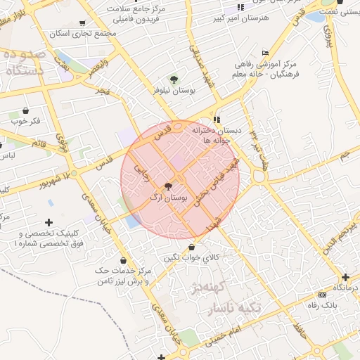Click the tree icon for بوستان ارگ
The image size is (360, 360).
(167, 187)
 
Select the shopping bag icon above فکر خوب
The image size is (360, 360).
(26, 110)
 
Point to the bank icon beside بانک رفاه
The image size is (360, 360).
(322, 295)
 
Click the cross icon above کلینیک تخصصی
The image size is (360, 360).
(49, 222)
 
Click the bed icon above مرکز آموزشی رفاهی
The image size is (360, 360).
(265, 53)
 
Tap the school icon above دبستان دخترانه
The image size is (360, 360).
(217, 119)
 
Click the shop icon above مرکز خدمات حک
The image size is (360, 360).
(124, 261)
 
